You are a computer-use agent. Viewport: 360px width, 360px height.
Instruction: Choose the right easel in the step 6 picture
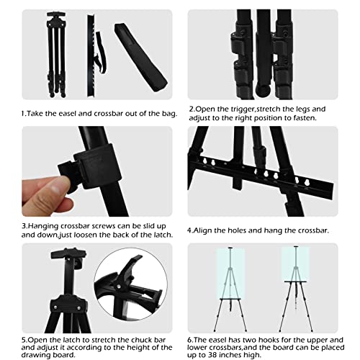[x=292, y=288]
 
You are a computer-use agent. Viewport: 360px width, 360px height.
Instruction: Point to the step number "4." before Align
[x=190, y=231]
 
